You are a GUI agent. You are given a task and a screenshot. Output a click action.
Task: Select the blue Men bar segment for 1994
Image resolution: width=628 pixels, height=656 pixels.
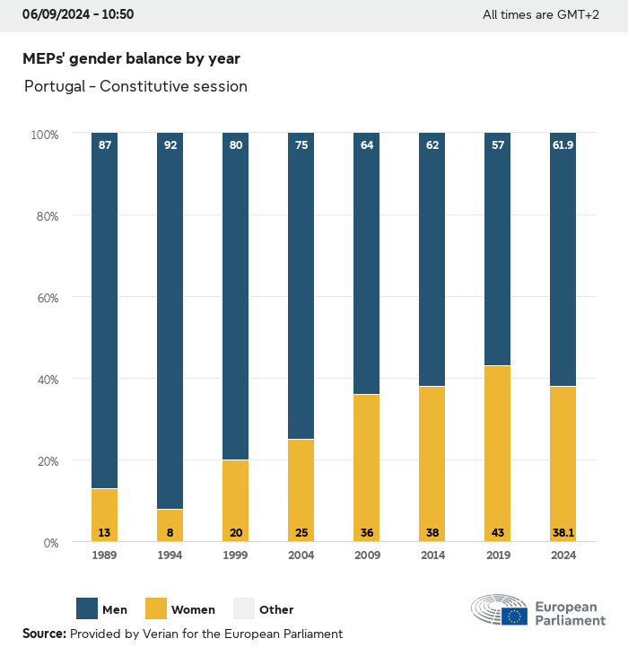[x=170, y=323]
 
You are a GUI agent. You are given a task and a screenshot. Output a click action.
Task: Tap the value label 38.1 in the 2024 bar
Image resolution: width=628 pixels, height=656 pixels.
[x=563, y=533]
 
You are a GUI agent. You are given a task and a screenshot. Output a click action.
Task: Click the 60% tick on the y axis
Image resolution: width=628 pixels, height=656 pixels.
[x=45, y=297]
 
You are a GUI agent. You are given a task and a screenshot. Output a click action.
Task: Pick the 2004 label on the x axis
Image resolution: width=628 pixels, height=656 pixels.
[x=301, y=556]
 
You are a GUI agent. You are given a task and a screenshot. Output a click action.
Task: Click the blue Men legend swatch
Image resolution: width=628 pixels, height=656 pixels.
[x=87, y=609]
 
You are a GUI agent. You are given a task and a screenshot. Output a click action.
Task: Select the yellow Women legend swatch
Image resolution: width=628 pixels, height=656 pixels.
[x=156, y=609]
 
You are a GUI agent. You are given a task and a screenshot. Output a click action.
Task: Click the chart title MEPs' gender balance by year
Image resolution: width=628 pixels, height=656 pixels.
[x=131, y=58]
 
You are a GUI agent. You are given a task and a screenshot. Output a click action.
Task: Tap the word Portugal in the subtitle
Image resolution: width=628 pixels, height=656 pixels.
[x=55, y=86]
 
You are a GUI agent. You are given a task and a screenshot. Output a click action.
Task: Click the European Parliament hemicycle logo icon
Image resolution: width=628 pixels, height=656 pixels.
[x=500, y=610]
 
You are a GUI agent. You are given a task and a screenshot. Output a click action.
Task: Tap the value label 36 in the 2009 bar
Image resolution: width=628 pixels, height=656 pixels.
[x=366, y=533]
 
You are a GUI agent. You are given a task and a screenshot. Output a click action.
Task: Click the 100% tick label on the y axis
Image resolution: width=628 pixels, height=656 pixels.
[x=44, y=134]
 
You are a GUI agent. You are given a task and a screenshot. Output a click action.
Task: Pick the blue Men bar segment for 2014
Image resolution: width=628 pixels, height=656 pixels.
[x=432, y=260]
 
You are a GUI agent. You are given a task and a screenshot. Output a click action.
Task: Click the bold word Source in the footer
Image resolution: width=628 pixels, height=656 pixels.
[x=43, y=634]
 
